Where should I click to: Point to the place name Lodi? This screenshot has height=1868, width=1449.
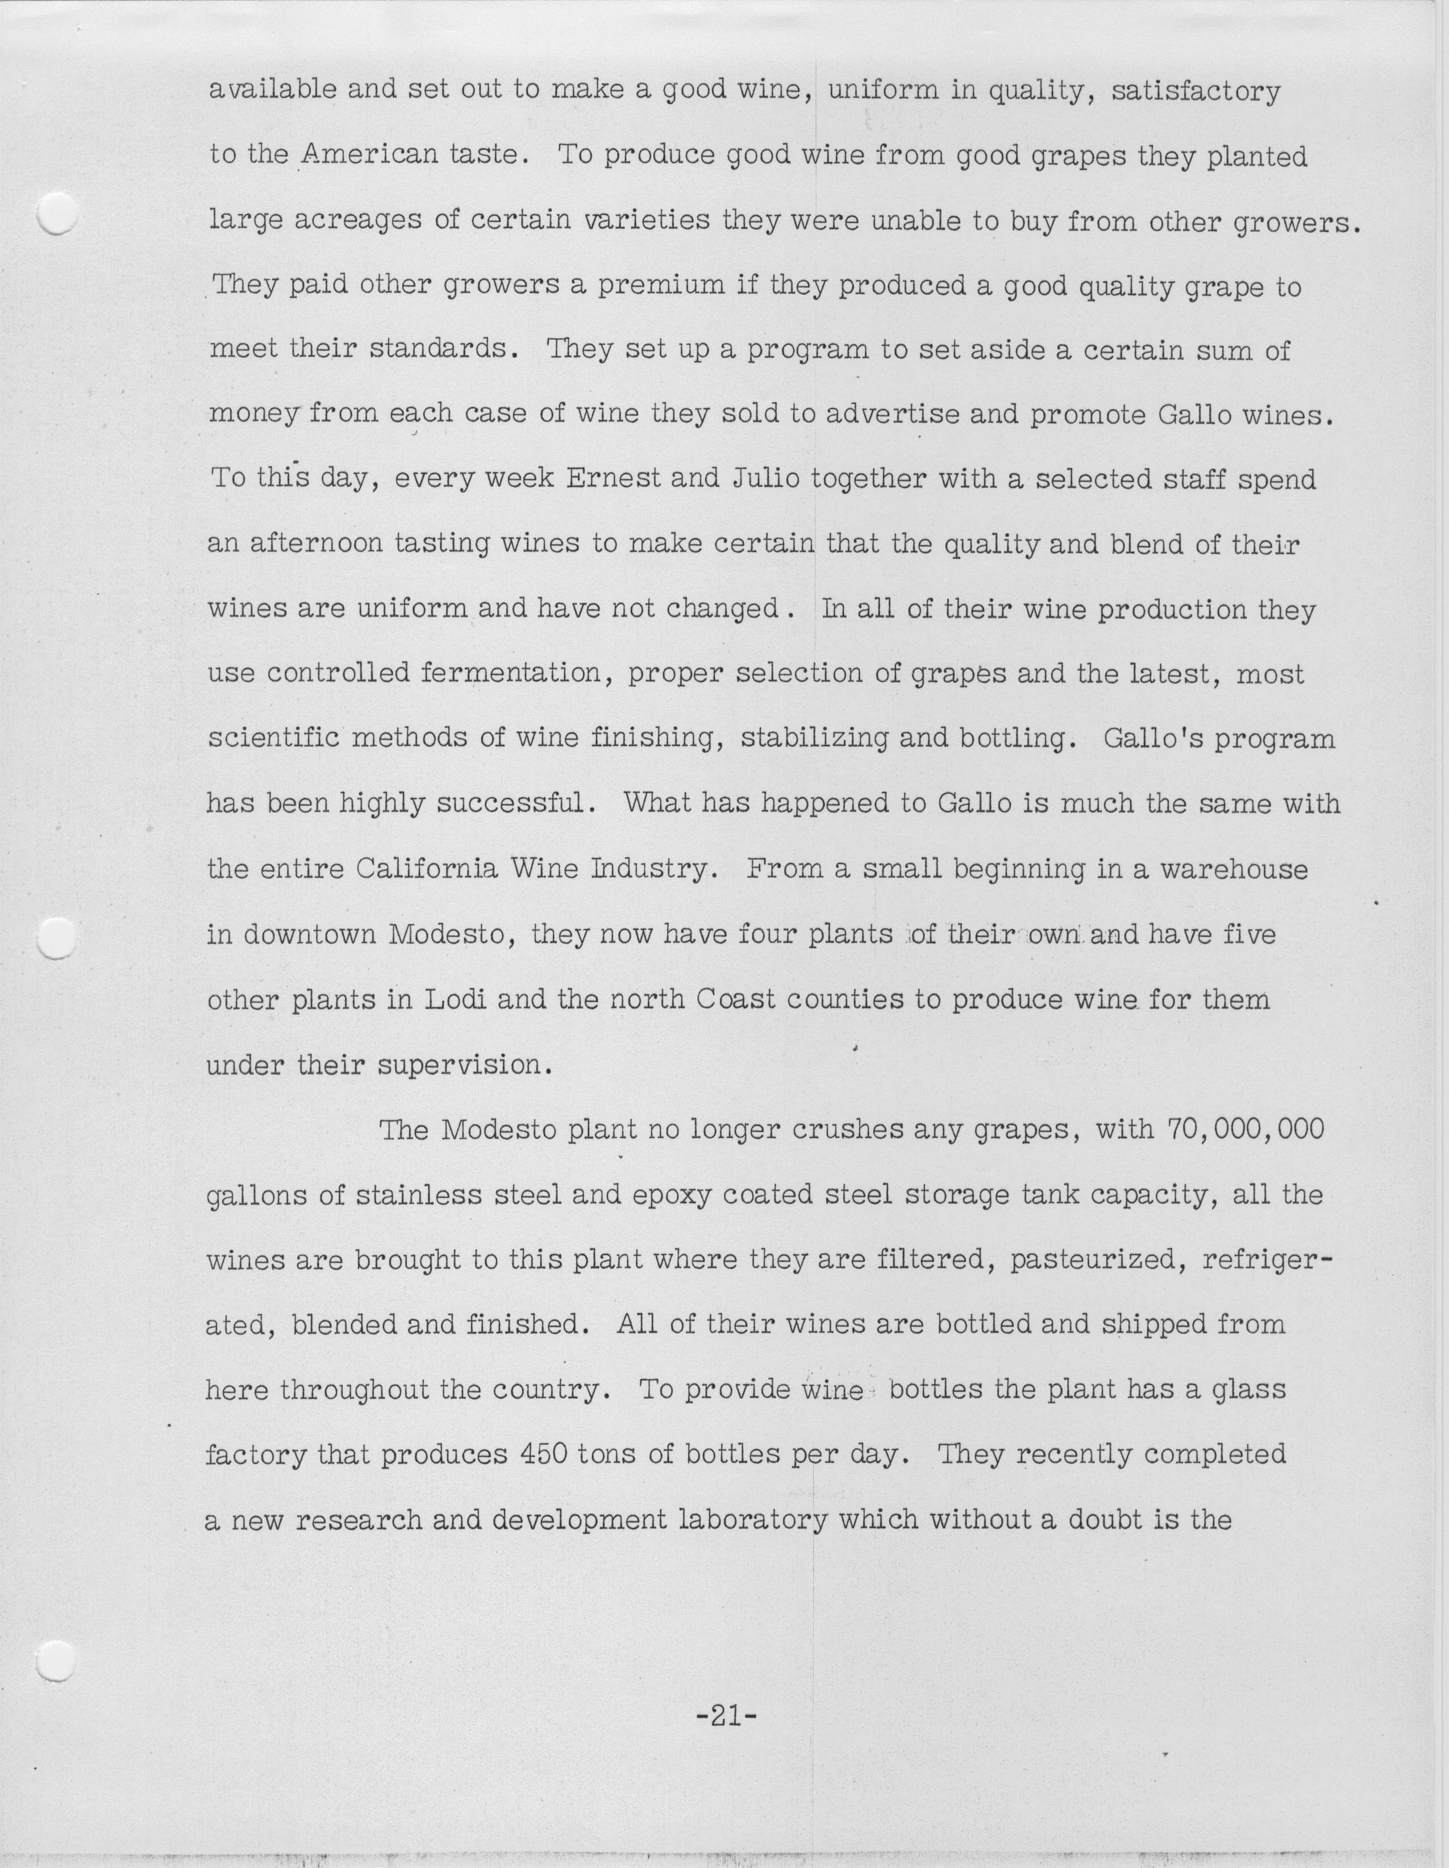coord(456,1000)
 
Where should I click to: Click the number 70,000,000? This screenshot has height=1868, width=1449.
coord(1244,1130)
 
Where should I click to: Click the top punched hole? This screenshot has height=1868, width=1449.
coord(58,213)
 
